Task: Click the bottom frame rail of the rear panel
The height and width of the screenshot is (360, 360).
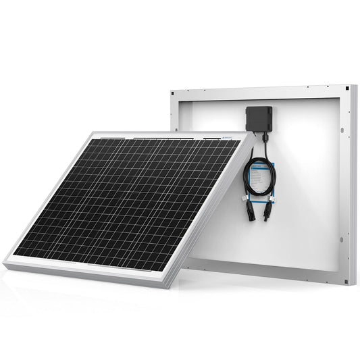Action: pyautogui.click(x=270, y=276)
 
